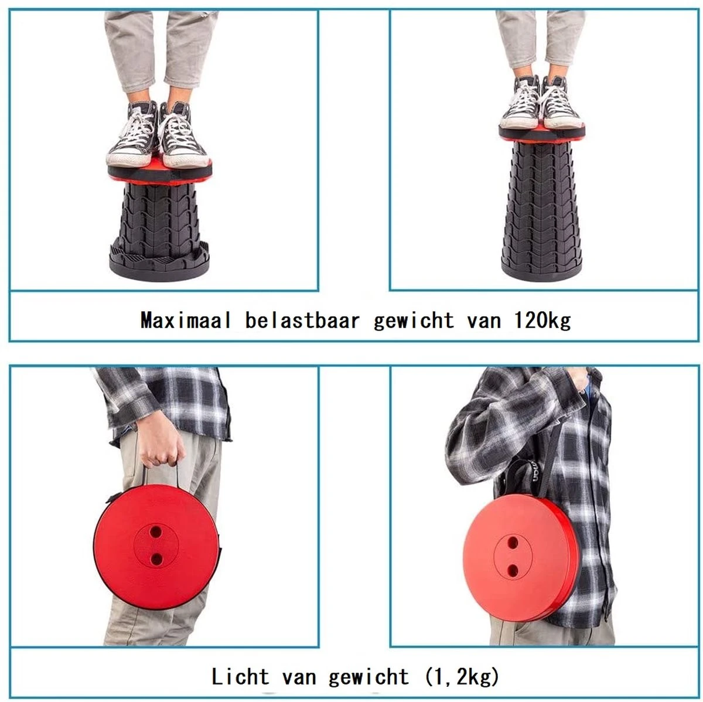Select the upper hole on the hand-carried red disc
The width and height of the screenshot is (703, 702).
point(156,531)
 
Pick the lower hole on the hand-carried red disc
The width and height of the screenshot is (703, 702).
point(156,559)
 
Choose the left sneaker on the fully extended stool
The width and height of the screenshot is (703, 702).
point(520,104)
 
